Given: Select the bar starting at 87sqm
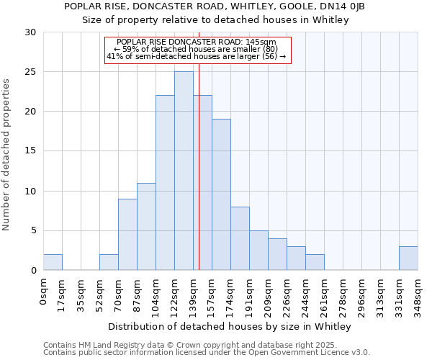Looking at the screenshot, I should tap(146, 226).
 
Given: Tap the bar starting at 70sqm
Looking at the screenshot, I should tap(127, 234).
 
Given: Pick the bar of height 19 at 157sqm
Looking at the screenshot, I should tap(221, 194).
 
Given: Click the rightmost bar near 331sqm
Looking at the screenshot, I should tap(408, 258).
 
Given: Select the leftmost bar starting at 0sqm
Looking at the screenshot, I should tap(53, 262).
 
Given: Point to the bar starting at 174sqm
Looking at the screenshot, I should tap(240, 238).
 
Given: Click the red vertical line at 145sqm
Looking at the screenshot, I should tap(199, 180).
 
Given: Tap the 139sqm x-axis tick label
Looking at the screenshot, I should tap(193, 292).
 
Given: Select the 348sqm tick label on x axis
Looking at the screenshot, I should tap(418, 292).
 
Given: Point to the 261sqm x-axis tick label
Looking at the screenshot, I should tap(324, 292).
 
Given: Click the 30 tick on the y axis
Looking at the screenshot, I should tap(30, 32).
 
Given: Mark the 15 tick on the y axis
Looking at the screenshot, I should tap(30, 151).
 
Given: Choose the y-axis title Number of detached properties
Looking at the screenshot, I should tap(6, 155).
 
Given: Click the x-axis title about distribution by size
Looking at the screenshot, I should tap(230, 326).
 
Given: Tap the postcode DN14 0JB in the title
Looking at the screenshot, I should tap(345, 6).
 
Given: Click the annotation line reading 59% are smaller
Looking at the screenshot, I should tap(196, 49).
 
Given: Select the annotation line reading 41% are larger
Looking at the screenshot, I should tap(196, 56).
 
